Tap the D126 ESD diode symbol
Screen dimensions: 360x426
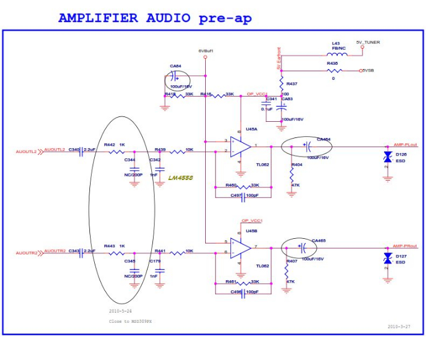coord(388,157)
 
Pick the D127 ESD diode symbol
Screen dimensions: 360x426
coord(388,257)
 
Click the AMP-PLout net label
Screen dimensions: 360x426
coord(405,145)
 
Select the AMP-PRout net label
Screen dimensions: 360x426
coord(405,246)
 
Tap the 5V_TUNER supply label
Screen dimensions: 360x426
coord(367,43)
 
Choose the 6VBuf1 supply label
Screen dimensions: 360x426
coord(206,51)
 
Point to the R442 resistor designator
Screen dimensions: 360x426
coord(109,145)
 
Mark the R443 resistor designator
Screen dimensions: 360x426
coord(109,245)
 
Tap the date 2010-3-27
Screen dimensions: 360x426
coord(399,326)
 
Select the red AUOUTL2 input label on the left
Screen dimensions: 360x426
coord(26,152)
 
